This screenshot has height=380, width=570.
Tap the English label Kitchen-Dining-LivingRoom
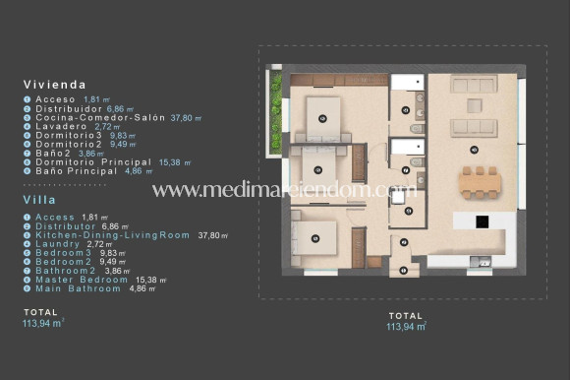click(112, 235)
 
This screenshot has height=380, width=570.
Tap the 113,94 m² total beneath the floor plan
click(406, 326)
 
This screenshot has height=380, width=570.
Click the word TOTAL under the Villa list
click(40, 312)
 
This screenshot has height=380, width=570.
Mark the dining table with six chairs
click(479, 182)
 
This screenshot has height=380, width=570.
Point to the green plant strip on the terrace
click(277, 95)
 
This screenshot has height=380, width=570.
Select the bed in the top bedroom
click(322, 116)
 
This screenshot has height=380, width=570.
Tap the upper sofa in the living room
click(474, 85)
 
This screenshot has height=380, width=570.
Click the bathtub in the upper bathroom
click(407, 83)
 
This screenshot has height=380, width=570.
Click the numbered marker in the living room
click(474, 150)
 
